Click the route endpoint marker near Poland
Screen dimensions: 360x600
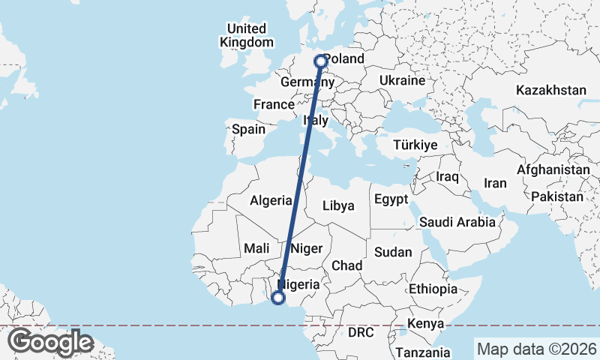tap(321, 61)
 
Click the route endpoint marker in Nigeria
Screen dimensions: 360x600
tap(277, 298)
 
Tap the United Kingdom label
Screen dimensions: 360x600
tap(246, 35)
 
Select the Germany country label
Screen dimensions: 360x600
tap(301, 82)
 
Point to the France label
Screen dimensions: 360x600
tap(273, 104)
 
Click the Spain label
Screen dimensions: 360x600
tap(248, 129)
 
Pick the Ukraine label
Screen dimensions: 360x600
tap(402, 80)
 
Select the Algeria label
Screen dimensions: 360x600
tap(270, 200)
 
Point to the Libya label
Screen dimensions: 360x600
tap(337, 205)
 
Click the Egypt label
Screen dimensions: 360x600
tap(391, 199)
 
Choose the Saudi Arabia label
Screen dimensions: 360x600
tap(457, 222)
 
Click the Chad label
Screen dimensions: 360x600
tap(346, 265)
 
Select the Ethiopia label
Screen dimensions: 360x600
tap(433, 289)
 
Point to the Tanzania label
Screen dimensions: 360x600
tap(424, 352)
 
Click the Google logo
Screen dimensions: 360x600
tap(50, 342)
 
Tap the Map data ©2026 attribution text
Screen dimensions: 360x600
tap(536, 349)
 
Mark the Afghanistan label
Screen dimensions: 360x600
tap(553, 170)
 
